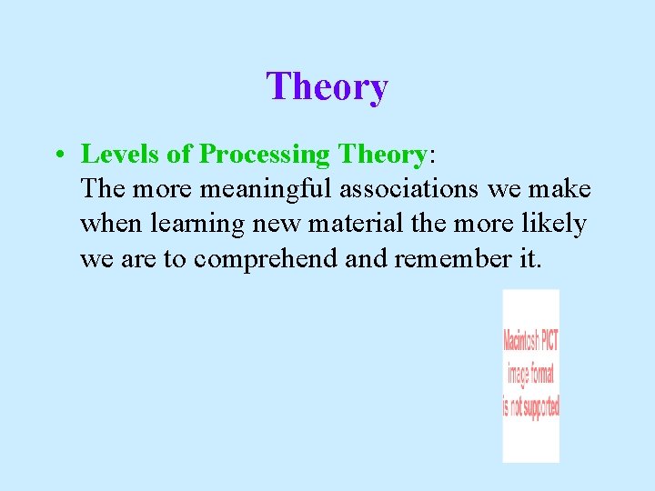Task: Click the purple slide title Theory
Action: tap(327, 87)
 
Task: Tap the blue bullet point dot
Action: tap(57, 155)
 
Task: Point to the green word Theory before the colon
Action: tap(382, 155)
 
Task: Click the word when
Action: tap(107, 225)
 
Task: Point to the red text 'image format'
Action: tap(530, 373)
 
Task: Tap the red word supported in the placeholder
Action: tap(539, 406)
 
